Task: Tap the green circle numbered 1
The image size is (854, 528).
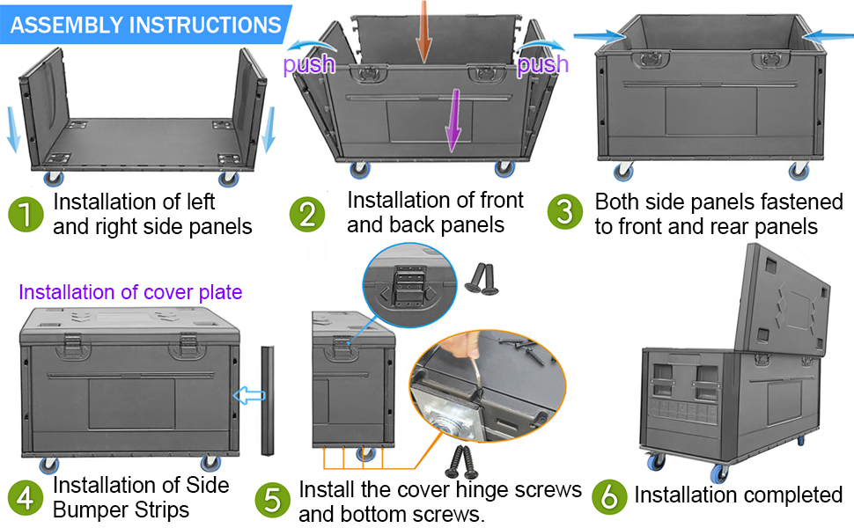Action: pyautogui.click(x=26, y=215)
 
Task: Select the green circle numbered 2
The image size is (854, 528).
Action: pyautogui.click(x=306, y=215)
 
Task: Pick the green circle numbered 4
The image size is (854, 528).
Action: pyautogui.click(x=26, y=498)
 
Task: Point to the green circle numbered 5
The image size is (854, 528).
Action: pyautogui.click(x=272, y=500)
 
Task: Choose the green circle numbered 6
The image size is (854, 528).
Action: pyautogui.click(x=608, y=495)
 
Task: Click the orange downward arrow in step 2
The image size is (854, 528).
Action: pyautogui.click(x=423, y=32)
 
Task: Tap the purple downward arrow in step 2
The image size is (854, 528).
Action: pyautogui.click(x=453, y=119)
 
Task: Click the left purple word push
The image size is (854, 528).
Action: pyautogui.click(x=308, y=64)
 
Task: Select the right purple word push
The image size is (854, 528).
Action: pyautogui.click(x=542, y=64)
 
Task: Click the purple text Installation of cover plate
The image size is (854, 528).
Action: pyautogui.click(x=130, y=292)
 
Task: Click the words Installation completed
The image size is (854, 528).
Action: pyautogui.click(x=738, y=495)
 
